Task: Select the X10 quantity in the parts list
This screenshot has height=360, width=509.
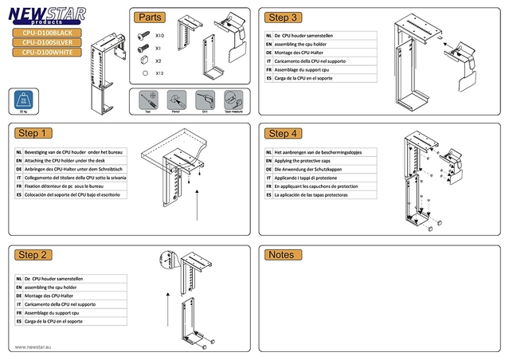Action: (x=159, y=37)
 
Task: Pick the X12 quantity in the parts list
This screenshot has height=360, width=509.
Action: (x=159, y=72)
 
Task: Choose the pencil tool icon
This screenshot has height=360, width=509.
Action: (x=174, y=101)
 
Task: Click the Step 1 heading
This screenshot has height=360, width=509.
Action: (x=36, y=133)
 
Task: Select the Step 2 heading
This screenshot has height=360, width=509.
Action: (x=36, y=255)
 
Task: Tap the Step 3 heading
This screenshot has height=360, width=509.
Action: (x=284, y=18)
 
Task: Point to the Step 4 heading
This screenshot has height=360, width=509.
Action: (x=284, y=133)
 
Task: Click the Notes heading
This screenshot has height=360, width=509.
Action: (x=281, y=255)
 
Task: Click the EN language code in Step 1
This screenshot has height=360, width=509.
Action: (x=18, y=161)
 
